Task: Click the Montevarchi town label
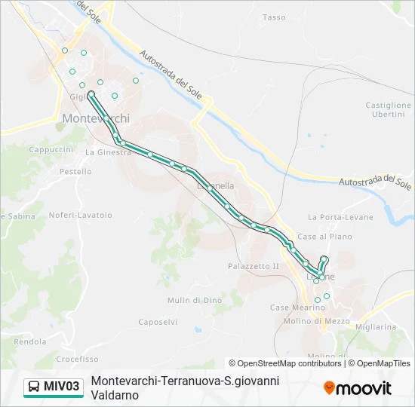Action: pos(96,118)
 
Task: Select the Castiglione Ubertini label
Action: pos(389,109)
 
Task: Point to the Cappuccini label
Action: pos(51,150)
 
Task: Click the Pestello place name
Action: pos(75,172)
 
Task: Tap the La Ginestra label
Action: pos(108,152)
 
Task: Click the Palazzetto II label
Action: pos(254,266)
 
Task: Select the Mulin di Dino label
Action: pos(195,300)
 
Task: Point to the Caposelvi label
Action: pos(158,322)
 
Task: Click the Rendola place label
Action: pos(30,341)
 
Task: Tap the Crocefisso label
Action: pos(77,360)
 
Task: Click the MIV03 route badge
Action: pos(54,387)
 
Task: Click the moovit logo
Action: pos(357,387)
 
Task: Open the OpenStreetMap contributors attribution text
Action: pos(284,363)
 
